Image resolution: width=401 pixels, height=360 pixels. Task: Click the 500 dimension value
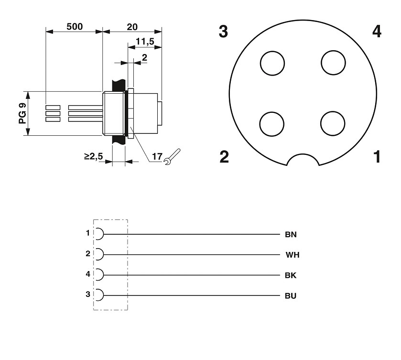tap(74, 27)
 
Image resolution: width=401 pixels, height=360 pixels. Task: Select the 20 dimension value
tap(132, 27)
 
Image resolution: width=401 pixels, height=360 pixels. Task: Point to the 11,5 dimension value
tap(144, 42)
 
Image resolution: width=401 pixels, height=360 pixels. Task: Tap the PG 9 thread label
tap(22, 114)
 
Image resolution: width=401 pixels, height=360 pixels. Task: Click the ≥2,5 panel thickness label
tap(94, 156)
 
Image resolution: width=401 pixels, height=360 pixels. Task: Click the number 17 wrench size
tap(157, 156)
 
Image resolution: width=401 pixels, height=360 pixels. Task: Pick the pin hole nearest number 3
tap(272, 63)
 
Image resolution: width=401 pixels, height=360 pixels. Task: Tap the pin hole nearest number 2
tap(272, 123)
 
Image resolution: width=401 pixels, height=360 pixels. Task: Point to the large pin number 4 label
tap(377, 32)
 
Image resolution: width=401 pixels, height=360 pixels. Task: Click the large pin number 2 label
tap(224, 156)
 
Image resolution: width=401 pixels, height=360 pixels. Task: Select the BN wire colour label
tap(291, 235)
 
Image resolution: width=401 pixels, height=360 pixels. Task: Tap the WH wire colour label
tap(293, 255)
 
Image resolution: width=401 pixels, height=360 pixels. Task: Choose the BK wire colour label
tap(291, 275)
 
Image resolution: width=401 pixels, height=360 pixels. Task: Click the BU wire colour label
tap(291, 296)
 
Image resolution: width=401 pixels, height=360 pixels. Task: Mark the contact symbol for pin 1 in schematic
tap(99, 234)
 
